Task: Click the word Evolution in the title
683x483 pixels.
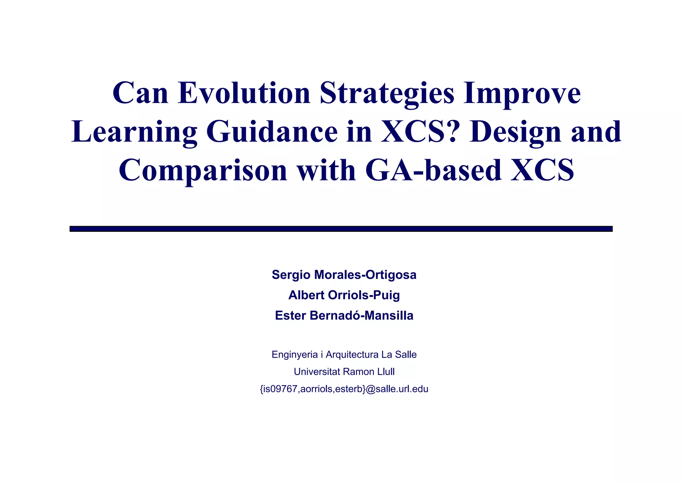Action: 244,93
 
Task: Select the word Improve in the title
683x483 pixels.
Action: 522,94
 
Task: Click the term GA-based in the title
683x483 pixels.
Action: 433,170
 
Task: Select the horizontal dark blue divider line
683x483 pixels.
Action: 341,229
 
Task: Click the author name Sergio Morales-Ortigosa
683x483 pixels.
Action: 344,275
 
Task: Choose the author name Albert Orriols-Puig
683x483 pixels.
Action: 344,295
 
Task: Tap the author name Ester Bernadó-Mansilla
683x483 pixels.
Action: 344,316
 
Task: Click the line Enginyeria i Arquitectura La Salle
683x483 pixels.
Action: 344,355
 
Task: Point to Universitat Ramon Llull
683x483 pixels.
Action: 344,372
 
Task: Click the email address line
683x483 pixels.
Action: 344,389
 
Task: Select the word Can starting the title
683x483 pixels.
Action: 140,93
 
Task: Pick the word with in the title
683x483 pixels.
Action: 326,170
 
